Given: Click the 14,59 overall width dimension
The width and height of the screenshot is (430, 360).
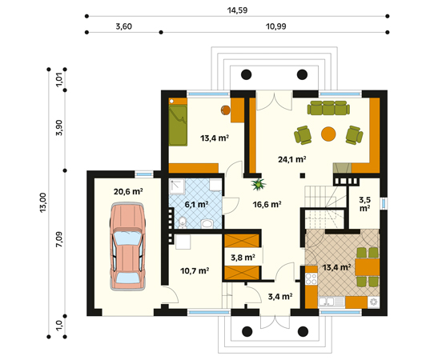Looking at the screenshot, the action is [237, 10].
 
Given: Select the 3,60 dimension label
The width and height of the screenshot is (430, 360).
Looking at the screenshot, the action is [123, 26].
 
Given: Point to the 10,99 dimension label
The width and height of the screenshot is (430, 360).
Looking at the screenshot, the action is [276, 26].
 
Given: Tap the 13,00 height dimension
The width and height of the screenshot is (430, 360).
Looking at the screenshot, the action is [43, 202].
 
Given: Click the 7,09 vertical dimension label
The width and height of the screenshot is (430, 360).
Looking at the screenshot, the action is [59, 239].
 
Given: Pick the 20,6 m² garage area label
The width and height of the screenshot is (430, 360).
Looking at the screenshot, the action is [128, 191].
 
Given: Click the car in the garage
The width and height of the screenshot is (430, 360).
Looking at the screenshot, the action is [127, 246].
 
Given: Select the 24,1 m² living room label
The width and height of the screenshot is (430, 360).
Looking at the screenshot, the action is [292, 159].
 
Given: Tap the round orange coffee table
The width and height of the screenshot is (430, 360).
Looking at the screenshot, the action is [328, 134].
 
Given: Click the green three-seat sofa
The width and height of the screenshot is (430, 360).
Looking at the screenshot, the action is [328, 108].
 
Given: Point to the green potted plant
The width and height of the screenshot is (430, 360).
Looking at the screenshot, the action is [259, 184].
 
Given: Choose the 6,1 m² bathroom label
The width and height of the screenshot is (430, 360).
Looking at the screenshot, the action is [196, 204].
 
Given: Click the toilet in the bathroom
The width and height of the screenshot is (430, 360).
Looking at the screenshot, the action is [182, 222].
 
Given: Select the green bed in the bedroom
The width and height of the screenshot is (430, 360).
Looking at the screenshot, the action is [178, 126].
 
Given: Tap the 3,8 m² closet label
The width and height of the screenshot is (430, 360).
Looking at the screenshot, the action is [243, 258].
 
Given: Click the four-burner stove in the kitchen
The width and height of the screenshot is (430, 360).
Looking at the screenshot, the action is [311, 279].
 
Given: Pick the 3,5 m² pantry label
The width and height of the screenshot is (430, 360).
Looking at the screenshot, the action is [365, 204].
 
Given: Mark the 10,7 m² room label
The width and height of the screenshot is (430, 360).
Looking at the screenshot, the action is [195, 271].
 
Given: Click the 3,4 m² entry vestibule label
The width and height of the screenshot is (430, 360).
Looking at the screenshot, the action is [280, 297].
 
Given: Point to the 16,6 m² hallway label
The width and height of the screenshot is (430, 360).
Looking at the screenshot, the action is [267, 204].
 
